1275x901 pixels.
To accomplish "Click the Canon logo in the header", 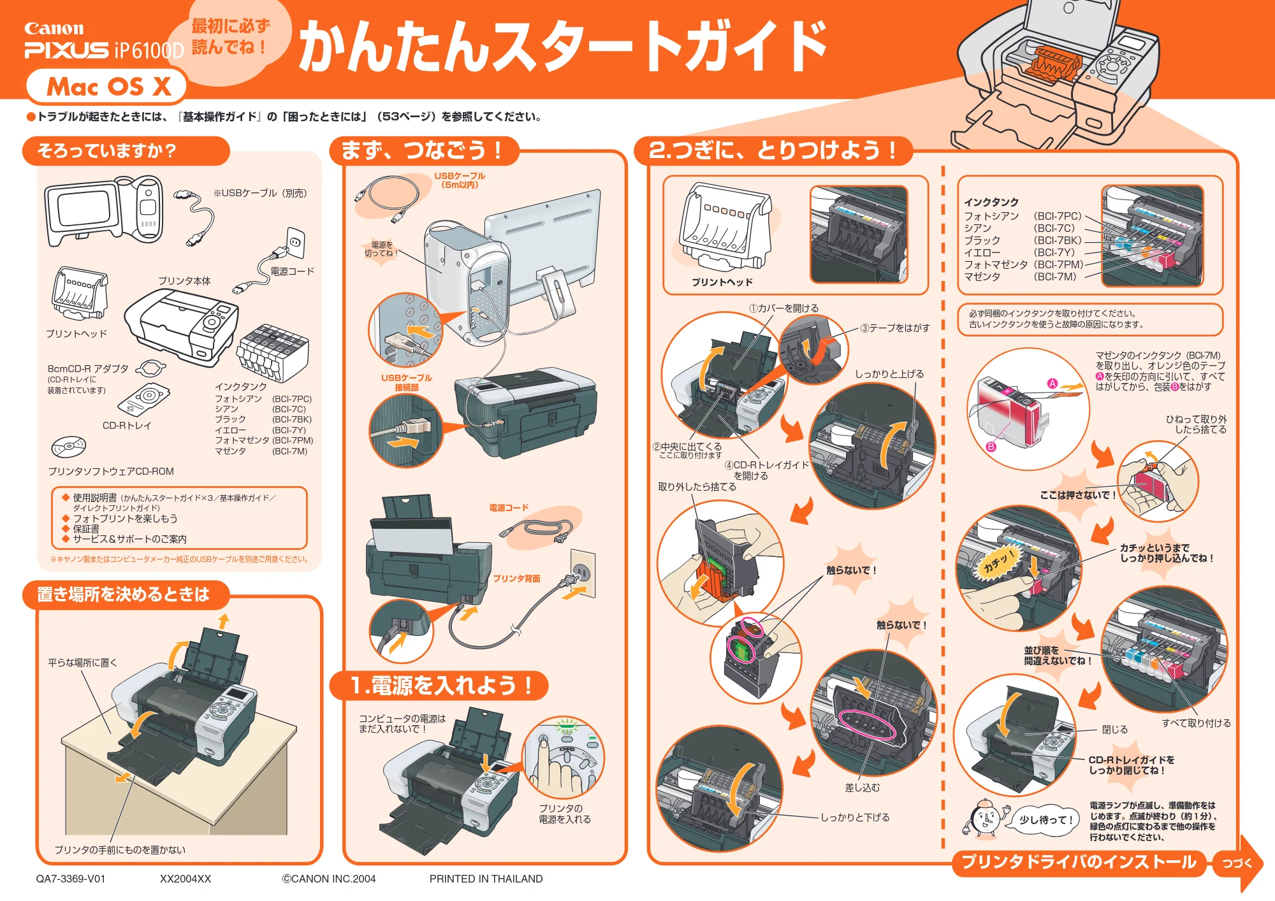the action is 54,29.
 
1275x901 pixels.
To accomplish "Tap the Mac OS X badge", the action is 106,86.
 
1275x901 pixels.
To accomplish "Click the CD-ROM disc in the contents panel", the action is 68,446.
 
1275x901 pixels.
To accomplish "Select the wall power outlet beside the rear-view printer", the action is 583,573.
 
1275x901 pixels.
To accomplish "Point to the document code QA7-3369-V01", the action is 70,879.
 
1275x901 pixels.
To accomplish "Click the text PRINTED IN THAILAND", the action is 486,879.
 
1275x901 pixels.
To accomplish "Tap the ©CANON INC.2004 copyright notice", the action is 329,879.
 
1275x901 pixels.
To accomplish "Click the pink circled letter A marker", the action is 1053,384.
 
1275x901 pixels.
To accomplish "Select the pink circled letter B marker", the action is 991,447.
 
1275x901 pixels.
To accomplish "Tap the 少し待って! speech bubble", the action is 1042,819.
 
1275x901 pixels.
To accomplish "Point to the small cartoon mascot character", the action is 984,818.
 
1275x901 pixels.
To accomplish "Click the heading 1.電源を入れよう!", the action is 440,686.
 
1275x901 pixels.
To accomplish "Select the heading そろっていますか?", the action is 106,151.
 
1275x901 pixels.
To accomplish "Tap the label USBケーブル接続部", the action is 407,382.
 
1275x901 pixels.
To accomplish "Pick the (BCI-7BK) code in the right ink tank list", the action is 1058,240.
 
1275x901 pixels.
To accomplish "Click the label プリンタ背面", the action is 516,579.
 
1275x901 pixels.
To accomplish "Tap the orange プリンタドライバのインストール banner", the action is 1079,862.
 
